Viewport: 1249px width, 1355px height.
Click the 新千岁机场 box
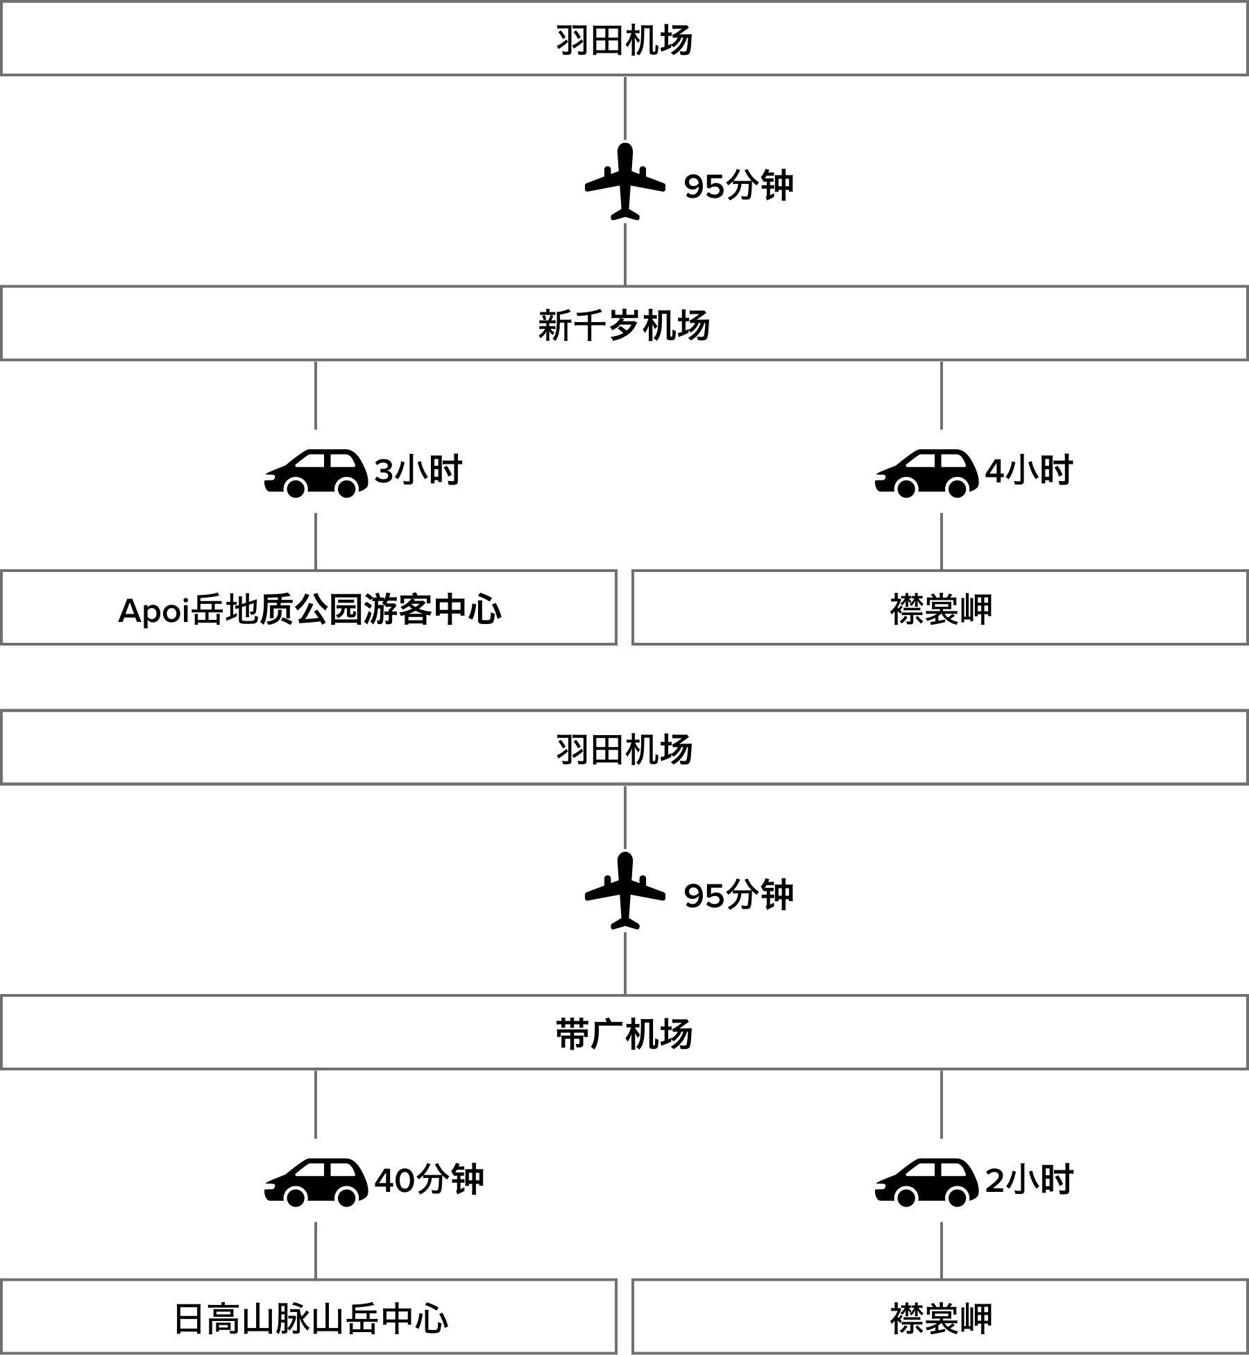[624, 325]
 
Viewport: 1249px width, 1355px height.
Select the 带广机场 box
[624, 1034]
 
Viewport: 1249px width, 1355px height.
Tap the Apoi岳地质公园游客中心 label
[309, 609]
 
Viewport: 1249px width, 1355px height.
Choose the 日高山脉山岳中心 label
[309, 1318]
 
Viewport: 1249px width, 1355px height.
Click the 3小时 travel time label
[418, 471]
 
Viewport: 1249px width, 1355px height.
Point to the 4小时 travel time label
[1029, 471]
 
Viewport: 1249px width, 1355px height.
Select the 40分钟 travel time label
[429, 1179]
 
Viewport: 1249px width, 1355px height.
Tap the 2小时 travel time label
[1029, 1179]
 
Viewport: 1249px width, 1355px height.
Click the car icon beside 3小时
[316, 471]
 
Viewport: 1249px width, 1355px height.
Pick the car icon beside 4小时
[926, 471]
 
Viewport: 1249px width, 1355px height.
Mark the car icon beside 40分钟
[316, 1180]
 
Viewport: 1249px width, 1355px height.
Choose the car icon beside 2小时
[926, 1180]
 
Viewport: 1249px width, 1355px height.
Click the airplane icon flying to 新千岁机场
[625, 181]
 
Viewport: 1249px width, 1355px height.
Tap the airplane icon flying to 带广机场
[625, 890]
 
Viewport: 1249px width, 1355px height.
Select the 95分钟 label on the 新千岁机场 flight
[738, 185]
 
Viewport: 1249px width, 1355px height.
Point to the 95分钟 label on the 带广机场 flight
[738, 895]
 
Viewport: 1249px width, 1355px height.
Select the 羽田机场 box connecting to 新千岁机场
[624, 40]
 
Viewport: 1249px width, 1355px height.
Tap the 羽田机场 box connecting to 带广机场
[624, 749]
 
